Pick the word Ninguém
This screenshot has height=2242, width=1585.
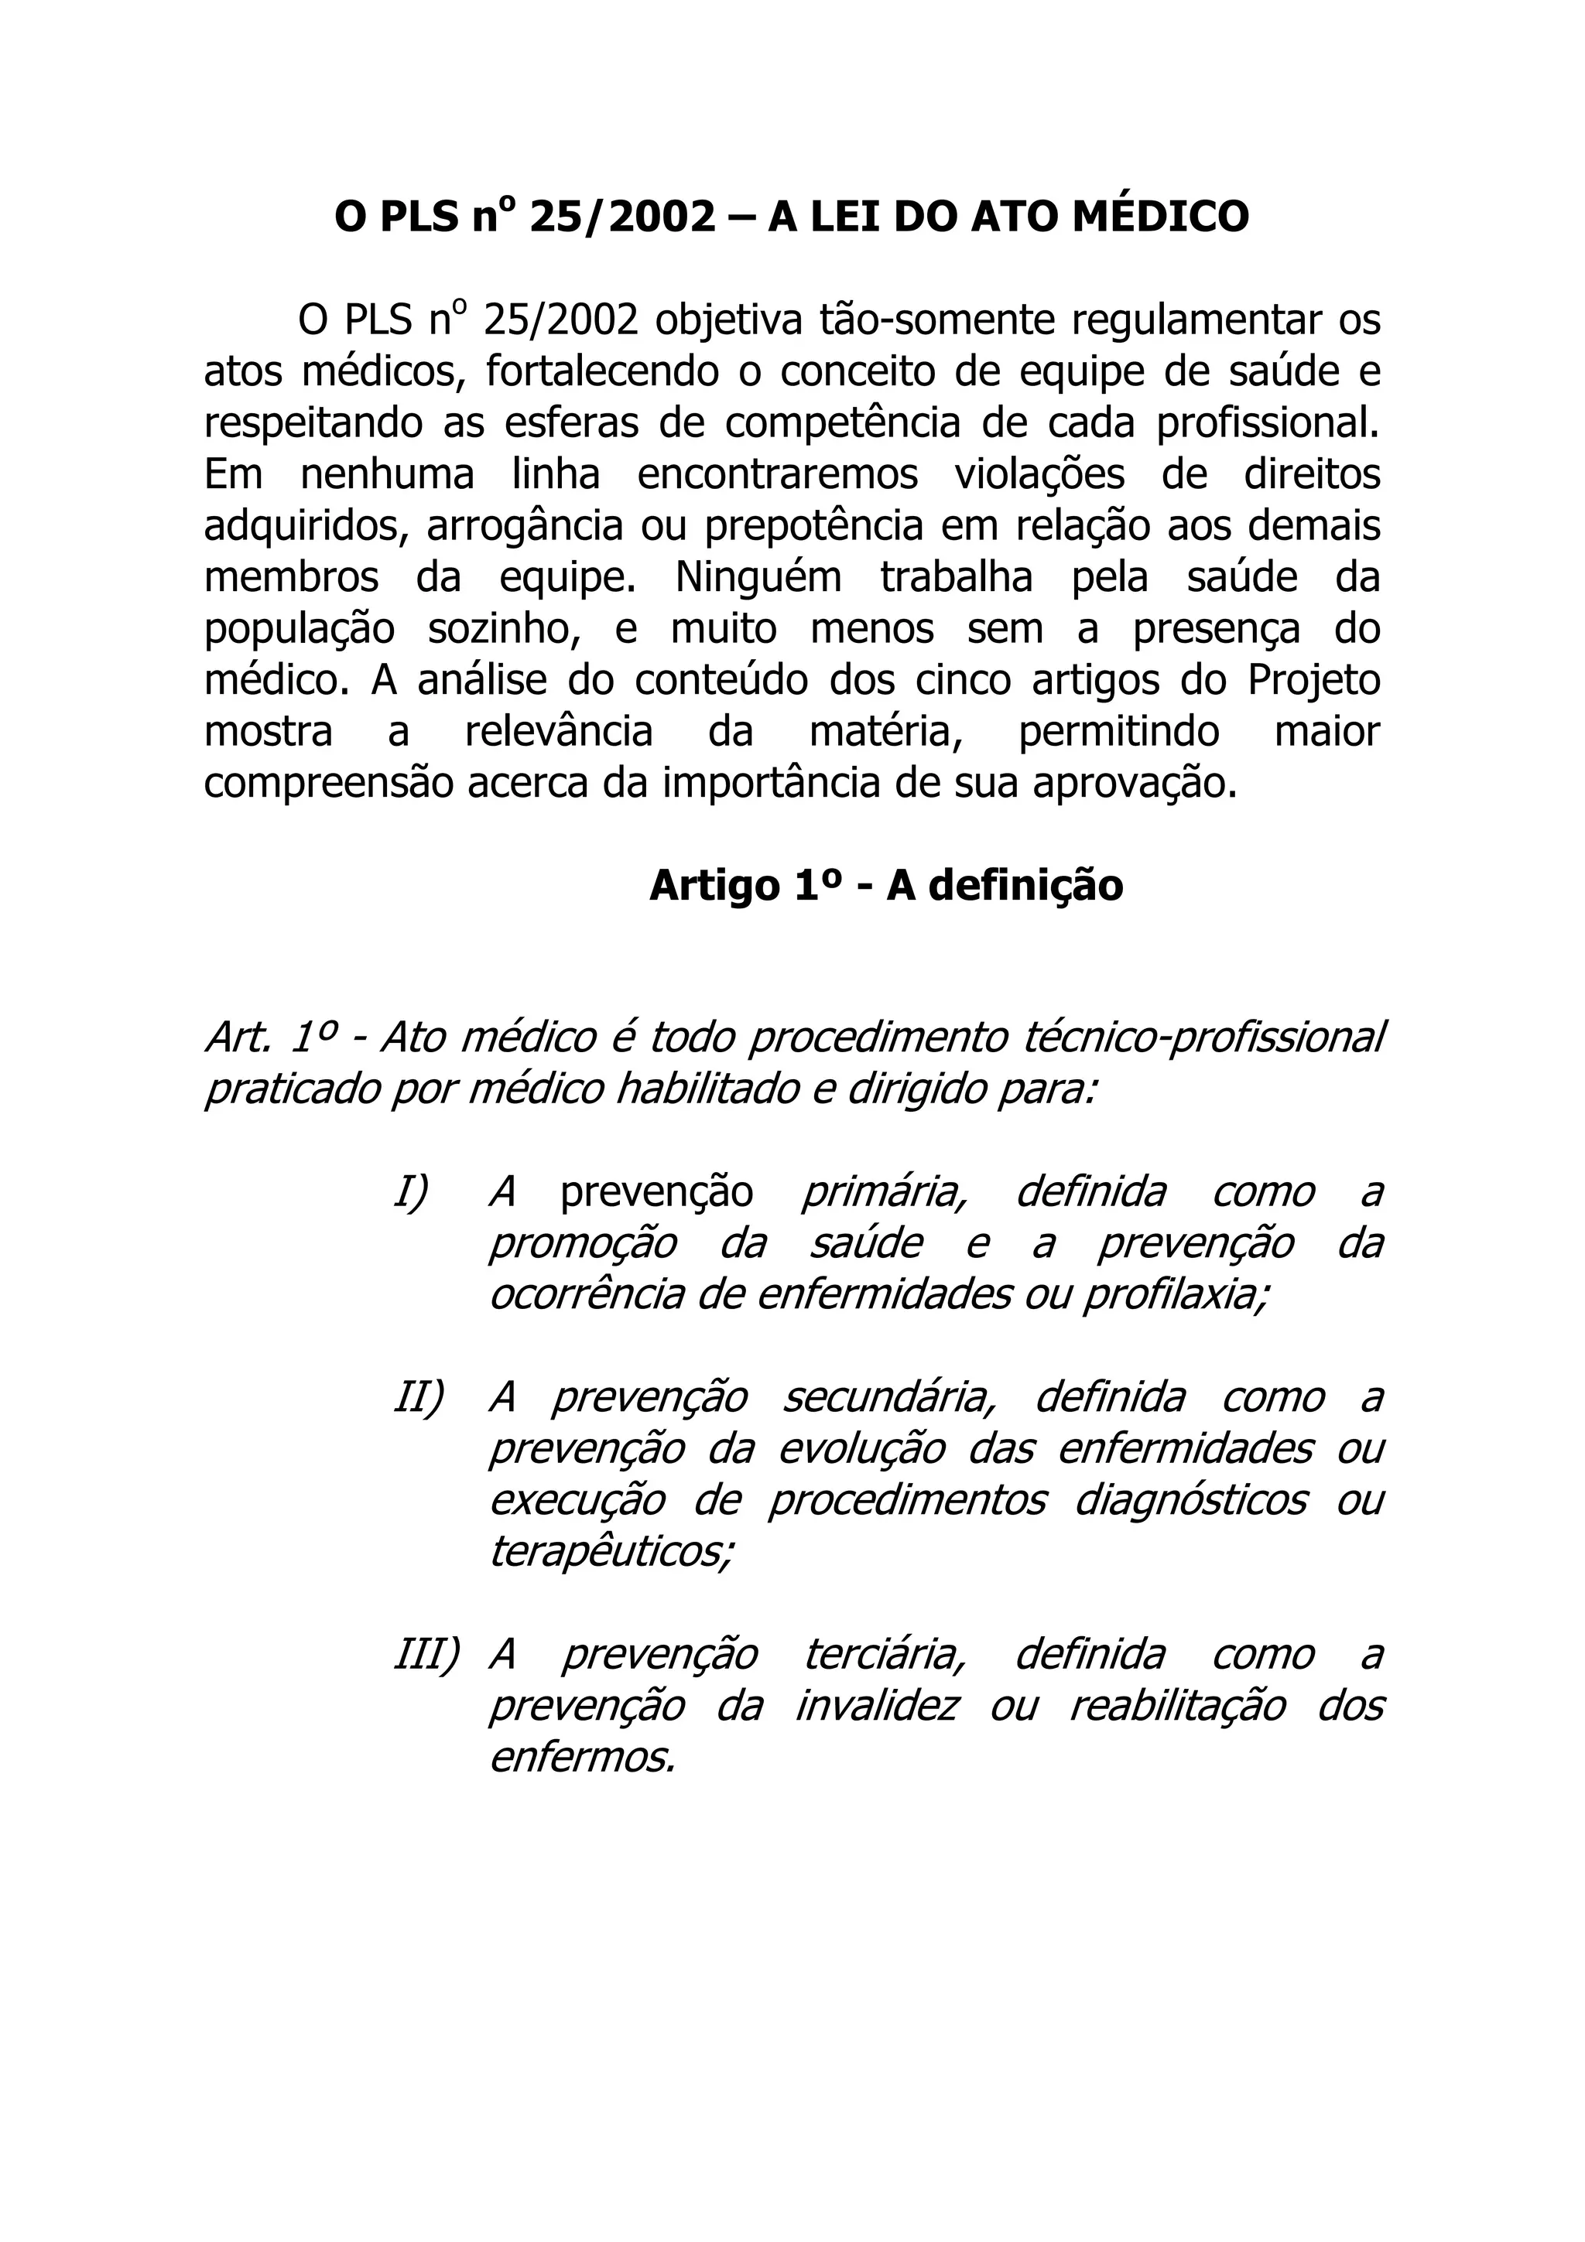pyautogui.click(x=758, y=577)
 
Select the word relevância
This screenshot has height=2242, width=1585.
pyautogui.click(x=559, y=731)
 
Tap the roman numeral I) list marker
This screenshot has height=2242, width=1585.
pyautogui.click(x=411, y=1192)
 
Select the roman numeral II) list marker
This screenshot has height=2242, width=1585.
pyautogui.click(x=418, y=1397)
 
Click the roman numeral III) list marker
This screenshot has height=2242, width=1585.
pyautogui.click(x=426, y=1654)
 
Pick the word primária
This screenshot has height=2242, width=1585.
pyautogui.click(x=884, y=1192)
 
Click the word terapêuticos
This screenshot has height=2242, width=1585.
pyautogui.click(x=611, y=1552)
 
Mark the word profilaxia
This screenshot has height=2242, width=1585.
pyautogui.click(x=1176, y=1295)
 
